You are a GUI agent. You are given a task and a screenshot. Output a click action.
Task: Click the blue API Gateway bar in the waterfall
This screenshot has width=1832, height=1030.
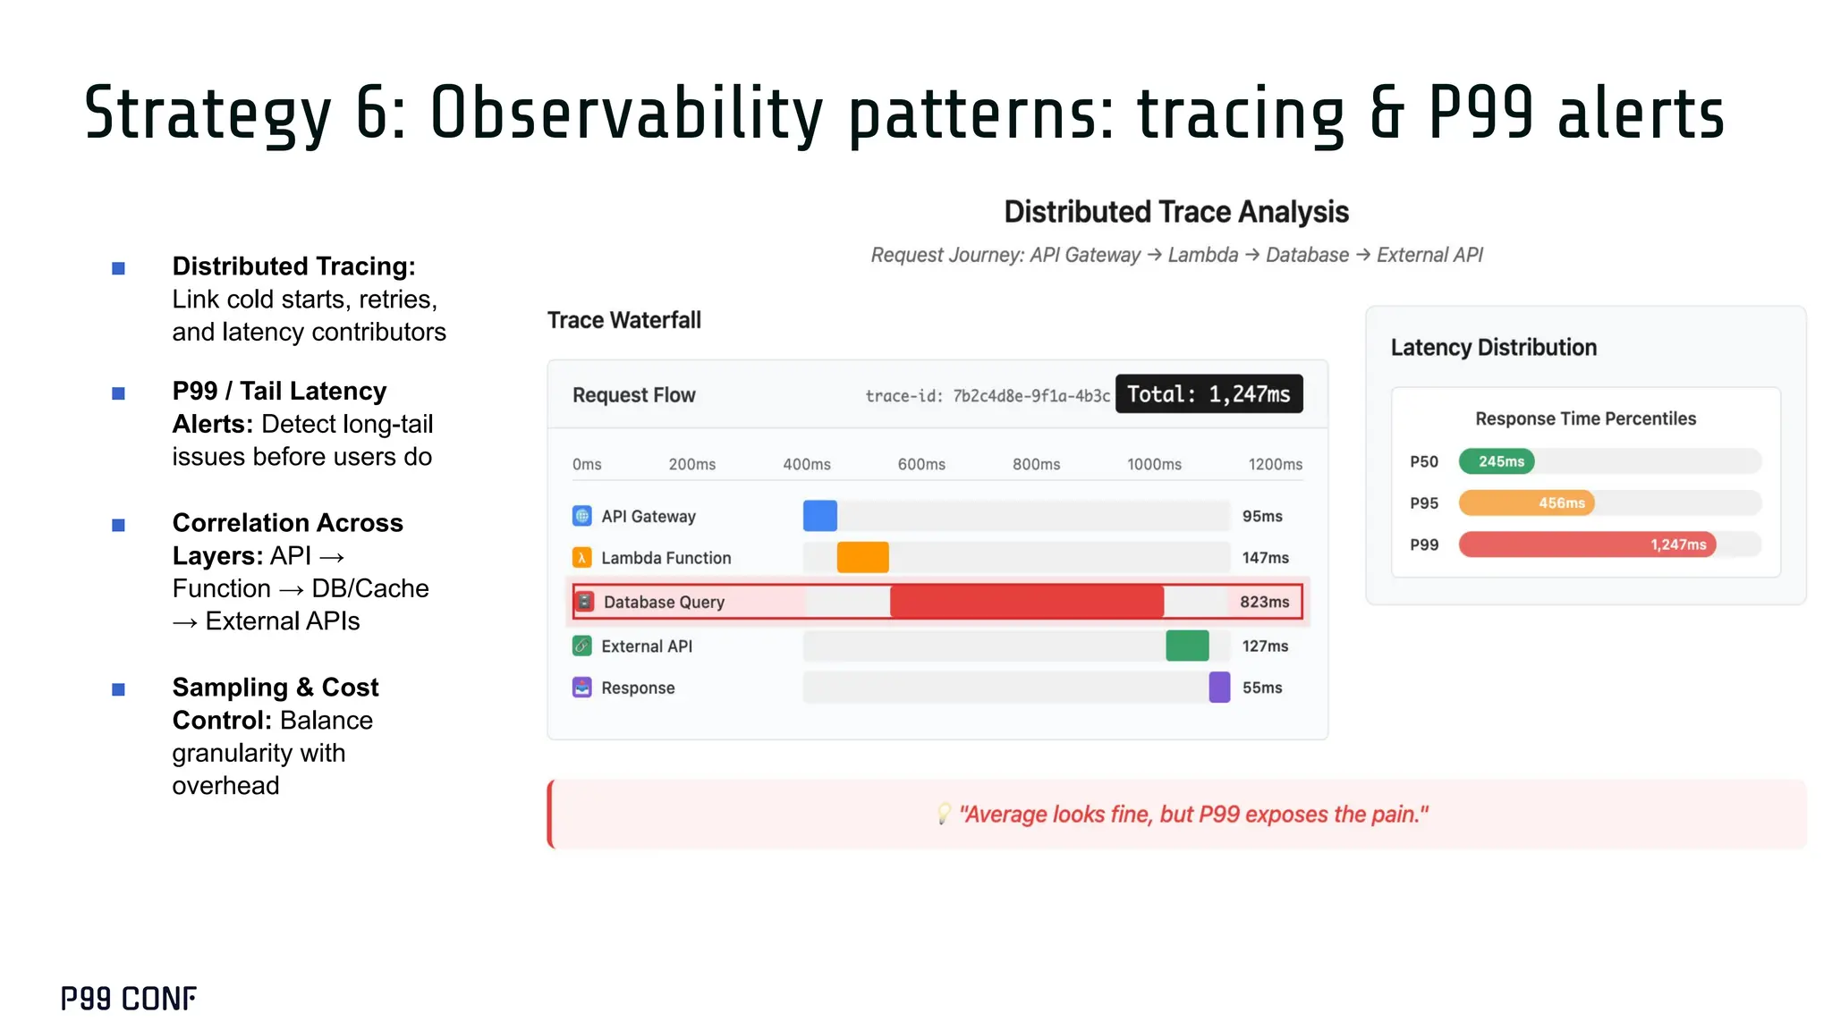coord(819,516)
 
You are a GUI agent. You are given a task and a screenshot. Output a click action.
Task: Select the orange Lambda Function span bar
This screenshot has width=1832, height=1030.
coord(862,557)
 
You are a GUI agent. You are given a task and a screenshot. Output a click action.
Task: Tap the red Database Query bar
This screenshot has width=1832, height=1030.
coord(1026,602)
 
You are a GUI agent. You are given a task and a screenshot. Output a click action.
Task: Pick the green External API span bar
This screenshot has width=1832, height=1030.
coord(1187,646)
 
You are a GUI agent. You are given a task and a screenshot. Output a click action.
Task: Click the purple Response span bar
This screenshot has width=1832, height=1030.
coord(1219,688)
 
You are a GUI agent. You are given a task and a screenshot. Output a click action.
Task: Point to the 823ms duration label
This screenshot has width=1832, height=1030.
coord(1264,602)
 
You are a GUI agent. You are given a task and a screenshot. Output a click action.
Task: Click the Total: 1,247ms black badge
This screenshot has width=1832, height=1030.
coord(1209,394)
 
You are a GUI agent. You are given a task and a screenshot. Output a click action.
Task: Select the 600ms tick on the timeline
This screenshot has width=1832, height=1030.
coord(921,464)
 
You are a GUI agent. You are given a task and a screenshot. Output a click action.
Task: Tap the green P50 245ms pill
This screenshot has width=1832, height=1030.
coord(1497,461)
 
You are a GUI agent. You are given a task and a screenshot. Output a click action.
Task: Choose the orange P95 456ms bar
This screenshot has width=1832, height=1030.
coord(1526,502)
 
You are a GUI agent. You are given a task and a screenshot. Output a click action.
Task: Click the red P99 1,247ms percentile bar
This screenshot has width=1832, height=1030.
coord(1586,545)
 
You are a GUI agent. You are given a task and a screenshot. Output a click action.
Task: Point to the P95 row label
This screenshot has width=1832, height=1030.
coord(1424,503)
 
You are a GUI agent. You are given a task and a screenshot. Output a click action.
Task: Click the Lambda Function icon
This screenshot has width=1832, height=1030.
coord(581,558)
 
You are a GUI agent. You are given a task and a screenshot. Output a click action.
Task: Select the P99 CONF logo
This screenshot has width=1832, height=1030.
coord(129,999)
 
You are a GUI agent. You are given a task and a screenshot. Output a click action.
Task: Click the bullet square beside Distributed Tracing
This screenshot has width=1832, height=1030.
coord(118,268)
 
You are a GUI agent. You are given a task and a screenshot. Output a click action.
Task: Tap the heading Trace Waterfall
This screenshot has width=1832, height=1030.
coord(623,320)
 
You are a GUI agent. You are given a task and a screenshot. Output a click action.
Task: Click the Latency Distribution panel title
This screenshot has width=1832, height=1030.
coord(1493,348)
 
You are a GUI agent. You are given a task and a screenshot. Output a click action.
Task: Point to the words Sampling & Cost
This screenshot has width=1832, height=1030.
coord(276,687)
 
